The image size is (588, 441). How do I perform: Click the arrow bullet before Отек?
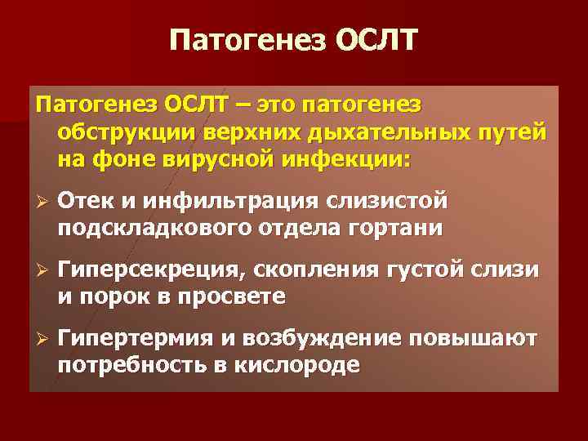point(40,201)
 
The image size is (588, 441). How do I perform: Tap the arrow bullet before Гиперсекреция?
point(40,269)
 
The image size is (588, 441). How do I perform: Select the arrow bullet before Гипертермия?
point(40,339)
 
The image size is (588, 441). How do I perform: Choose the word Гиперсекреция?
point(153,269)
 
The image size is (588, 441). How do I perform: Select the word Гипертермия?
point(138,339)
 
